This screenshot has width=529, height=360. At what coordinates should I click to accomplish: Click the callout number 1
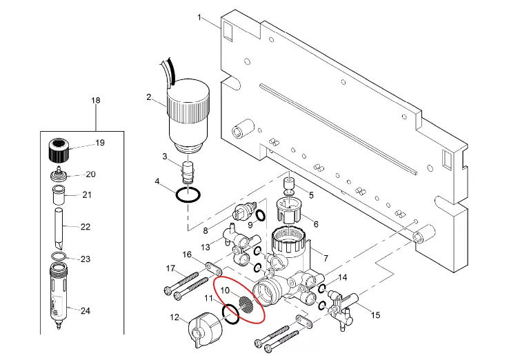pos(200,17)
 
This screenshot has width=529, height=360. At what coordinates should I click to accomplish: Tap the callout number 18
pos(96,101)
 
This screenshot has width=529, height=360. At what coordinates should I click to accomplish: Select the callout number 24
pos(86,310)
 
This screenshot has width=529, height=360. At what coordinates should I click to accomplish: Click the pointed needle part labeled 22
pos(61,227)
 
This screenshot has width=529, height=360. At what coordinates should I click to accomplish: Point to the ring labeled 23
pos(59,258)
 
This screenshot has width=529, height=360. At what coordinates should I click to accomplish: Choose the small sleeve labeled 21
pos(59,194)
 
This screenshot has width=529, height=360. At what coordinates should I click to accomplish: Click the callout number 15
pos(376,315)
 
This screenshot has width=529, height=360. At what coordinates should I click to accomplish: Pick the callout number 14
pos(343,277)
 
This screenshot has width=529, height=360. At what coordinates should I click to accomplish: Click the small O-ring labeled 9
pos(260,217)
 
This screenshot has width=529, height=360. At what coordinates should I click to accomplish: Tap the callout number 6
pos(316,223)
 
